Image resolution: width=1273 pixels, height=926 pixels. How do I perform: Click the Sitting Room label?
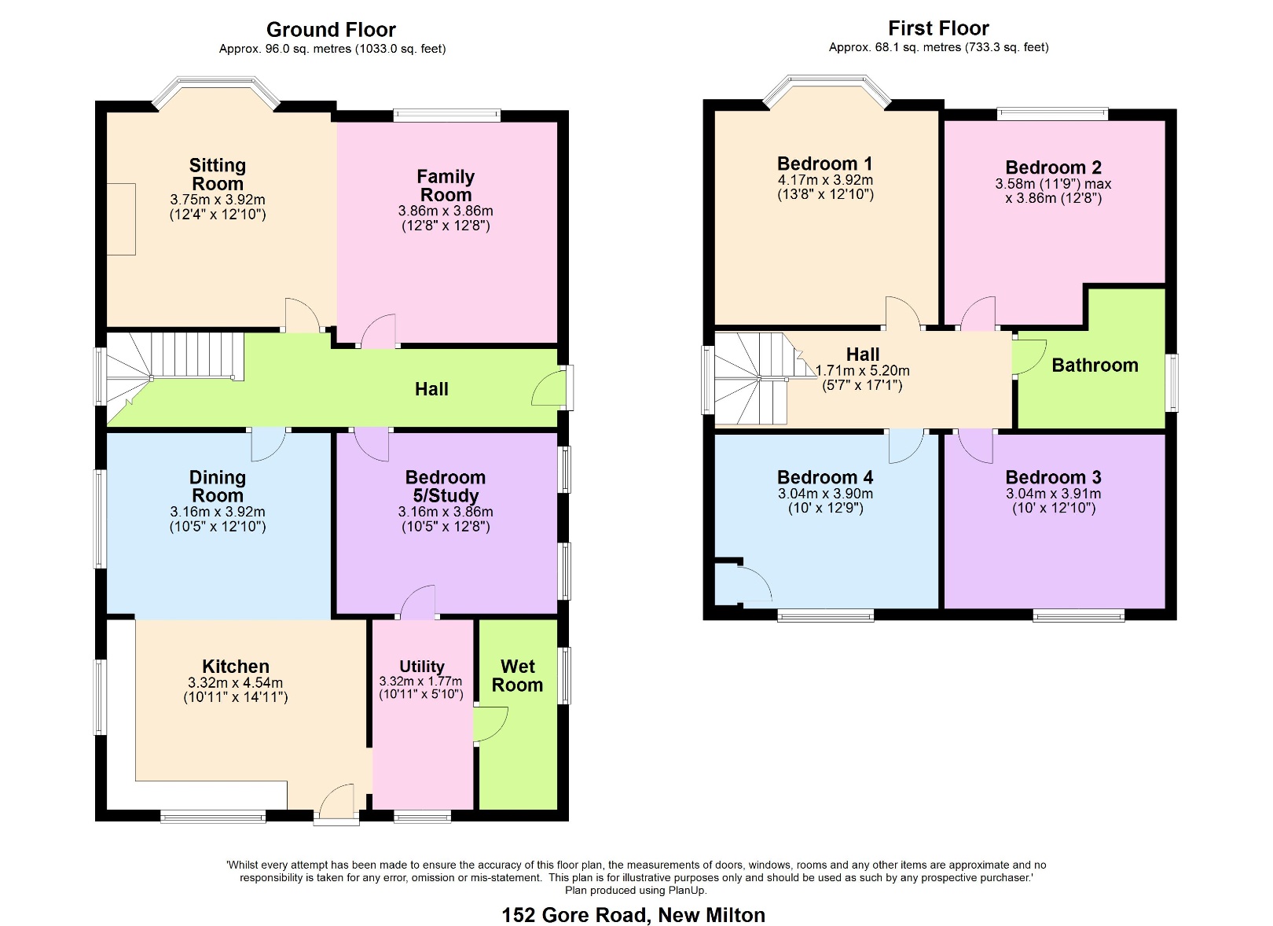point(218,175)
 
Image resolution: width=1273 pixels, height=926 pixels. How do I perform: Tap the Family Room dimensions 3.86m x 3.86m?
point(446,211)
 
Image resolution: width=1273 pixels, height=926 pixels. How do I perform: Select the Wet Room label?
point(517,676)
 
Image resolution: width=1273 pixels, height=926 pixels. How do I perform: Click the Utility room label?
point(422,667)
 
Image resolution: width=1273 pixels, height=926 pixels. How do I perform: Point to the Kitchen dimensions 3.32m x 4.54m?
point(236,683)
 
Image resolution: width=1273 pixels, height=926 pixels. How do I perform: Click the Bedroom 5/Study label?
point(446,487)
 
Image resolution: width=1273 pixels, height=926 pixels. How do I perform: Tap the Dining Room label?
point(218,487)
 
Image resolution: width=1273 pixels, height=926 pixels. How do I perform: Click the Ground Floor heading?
point(331,30)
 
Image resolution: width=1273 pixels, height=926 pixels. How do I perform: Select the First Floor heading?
point(938,28)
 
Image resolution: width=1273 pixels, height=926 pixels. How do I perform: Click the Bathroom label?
point(1095,366)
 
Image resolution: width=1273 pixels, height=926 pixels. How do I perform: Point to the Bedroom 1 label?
point(824,164)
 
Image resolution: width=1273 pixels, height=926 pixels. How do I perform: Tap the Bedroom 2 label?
point(1053,167)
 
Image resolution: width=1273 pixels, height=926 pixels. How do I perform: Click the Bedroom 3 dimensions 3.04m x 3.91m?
point(1053,494)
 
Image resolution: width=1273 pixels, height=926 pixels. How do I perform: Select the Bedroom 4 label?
point(825,477)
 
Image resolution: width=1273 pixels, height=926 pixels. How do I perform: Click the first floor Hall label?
point(863,355)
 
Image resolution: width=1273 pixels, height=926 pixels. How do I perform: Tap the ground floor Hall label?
point(431,389)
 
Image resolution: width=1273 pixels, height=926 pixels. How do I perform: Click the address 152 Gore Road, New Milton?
point(633,915)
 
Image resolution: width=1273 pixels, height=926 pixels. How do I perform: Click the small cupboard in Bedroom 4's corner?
point(728,585)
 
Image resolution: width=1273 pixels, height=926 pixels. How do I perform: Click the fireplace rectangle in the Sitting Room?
point(121,219)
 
